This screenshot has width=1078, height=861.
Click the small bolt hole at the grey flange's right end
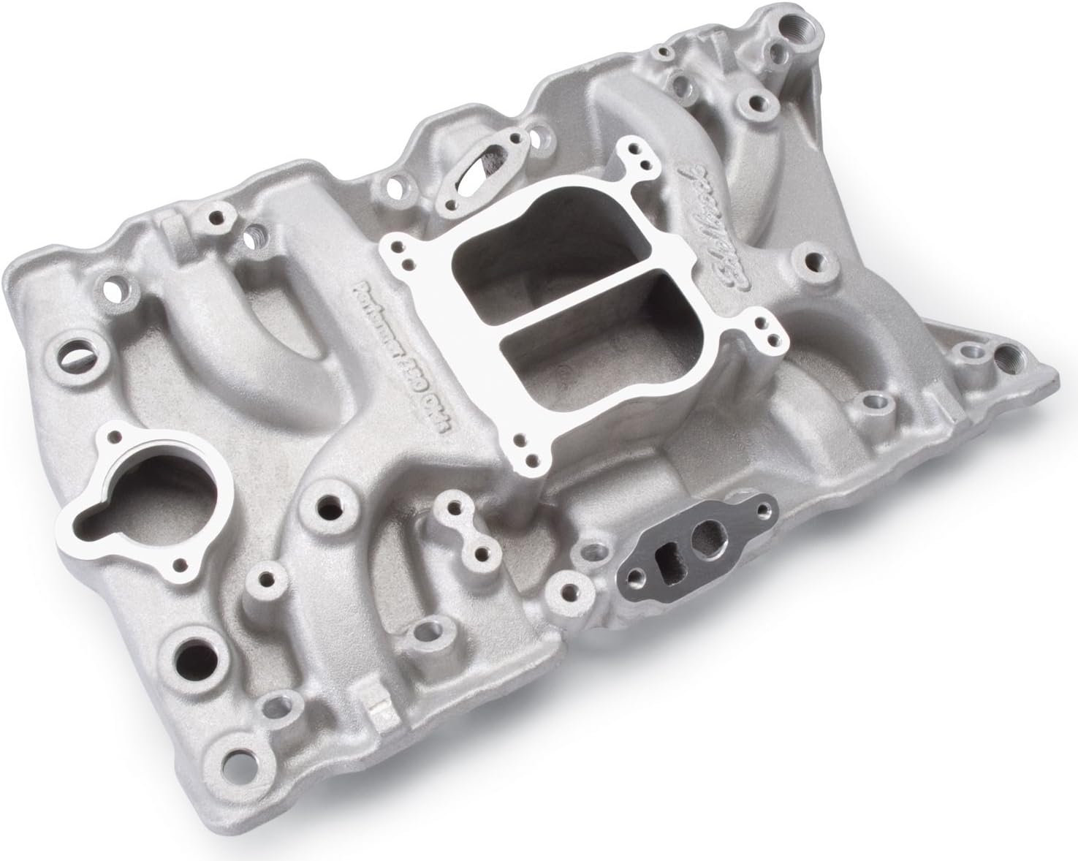click(x=764, y=507)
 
